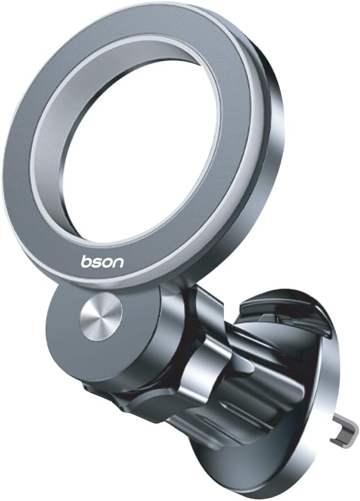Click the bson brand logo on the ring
[102, 261]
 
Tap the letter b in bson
[86, 261]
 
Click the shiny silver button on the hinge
[101, 316]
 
